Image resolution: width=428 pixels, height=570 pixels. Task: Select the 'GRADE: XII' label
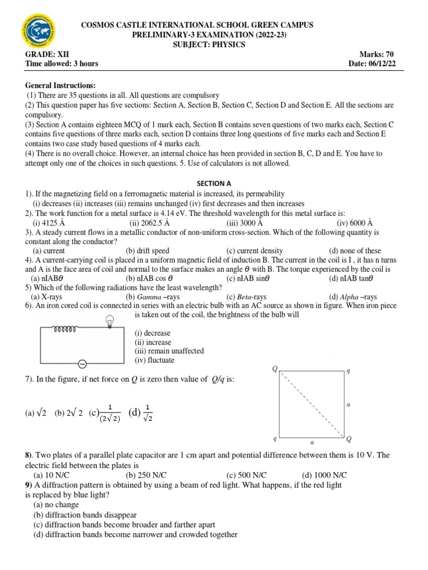46,54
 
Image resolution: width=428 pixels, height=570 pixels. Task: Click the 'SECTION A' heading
214,183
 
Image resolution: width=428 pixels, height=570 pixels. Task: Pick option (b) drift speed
147,251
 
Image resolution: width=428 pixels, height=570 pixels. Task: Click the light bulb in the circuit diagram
110,321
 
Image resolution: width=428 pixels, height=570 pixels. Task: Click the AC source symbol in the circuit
82,363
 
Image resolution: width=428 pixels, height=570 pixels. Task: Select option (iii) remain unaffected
169,351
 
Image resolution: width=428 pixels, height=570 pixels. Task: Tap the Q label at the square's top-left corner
274,368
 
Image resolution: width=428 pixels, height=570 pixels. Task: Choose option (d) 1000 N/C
324,475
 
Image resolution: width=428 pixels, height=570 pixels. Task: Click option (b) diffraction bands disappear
85,515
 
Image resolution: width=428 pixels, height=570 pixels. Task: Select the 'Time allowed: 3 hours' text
61,63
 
